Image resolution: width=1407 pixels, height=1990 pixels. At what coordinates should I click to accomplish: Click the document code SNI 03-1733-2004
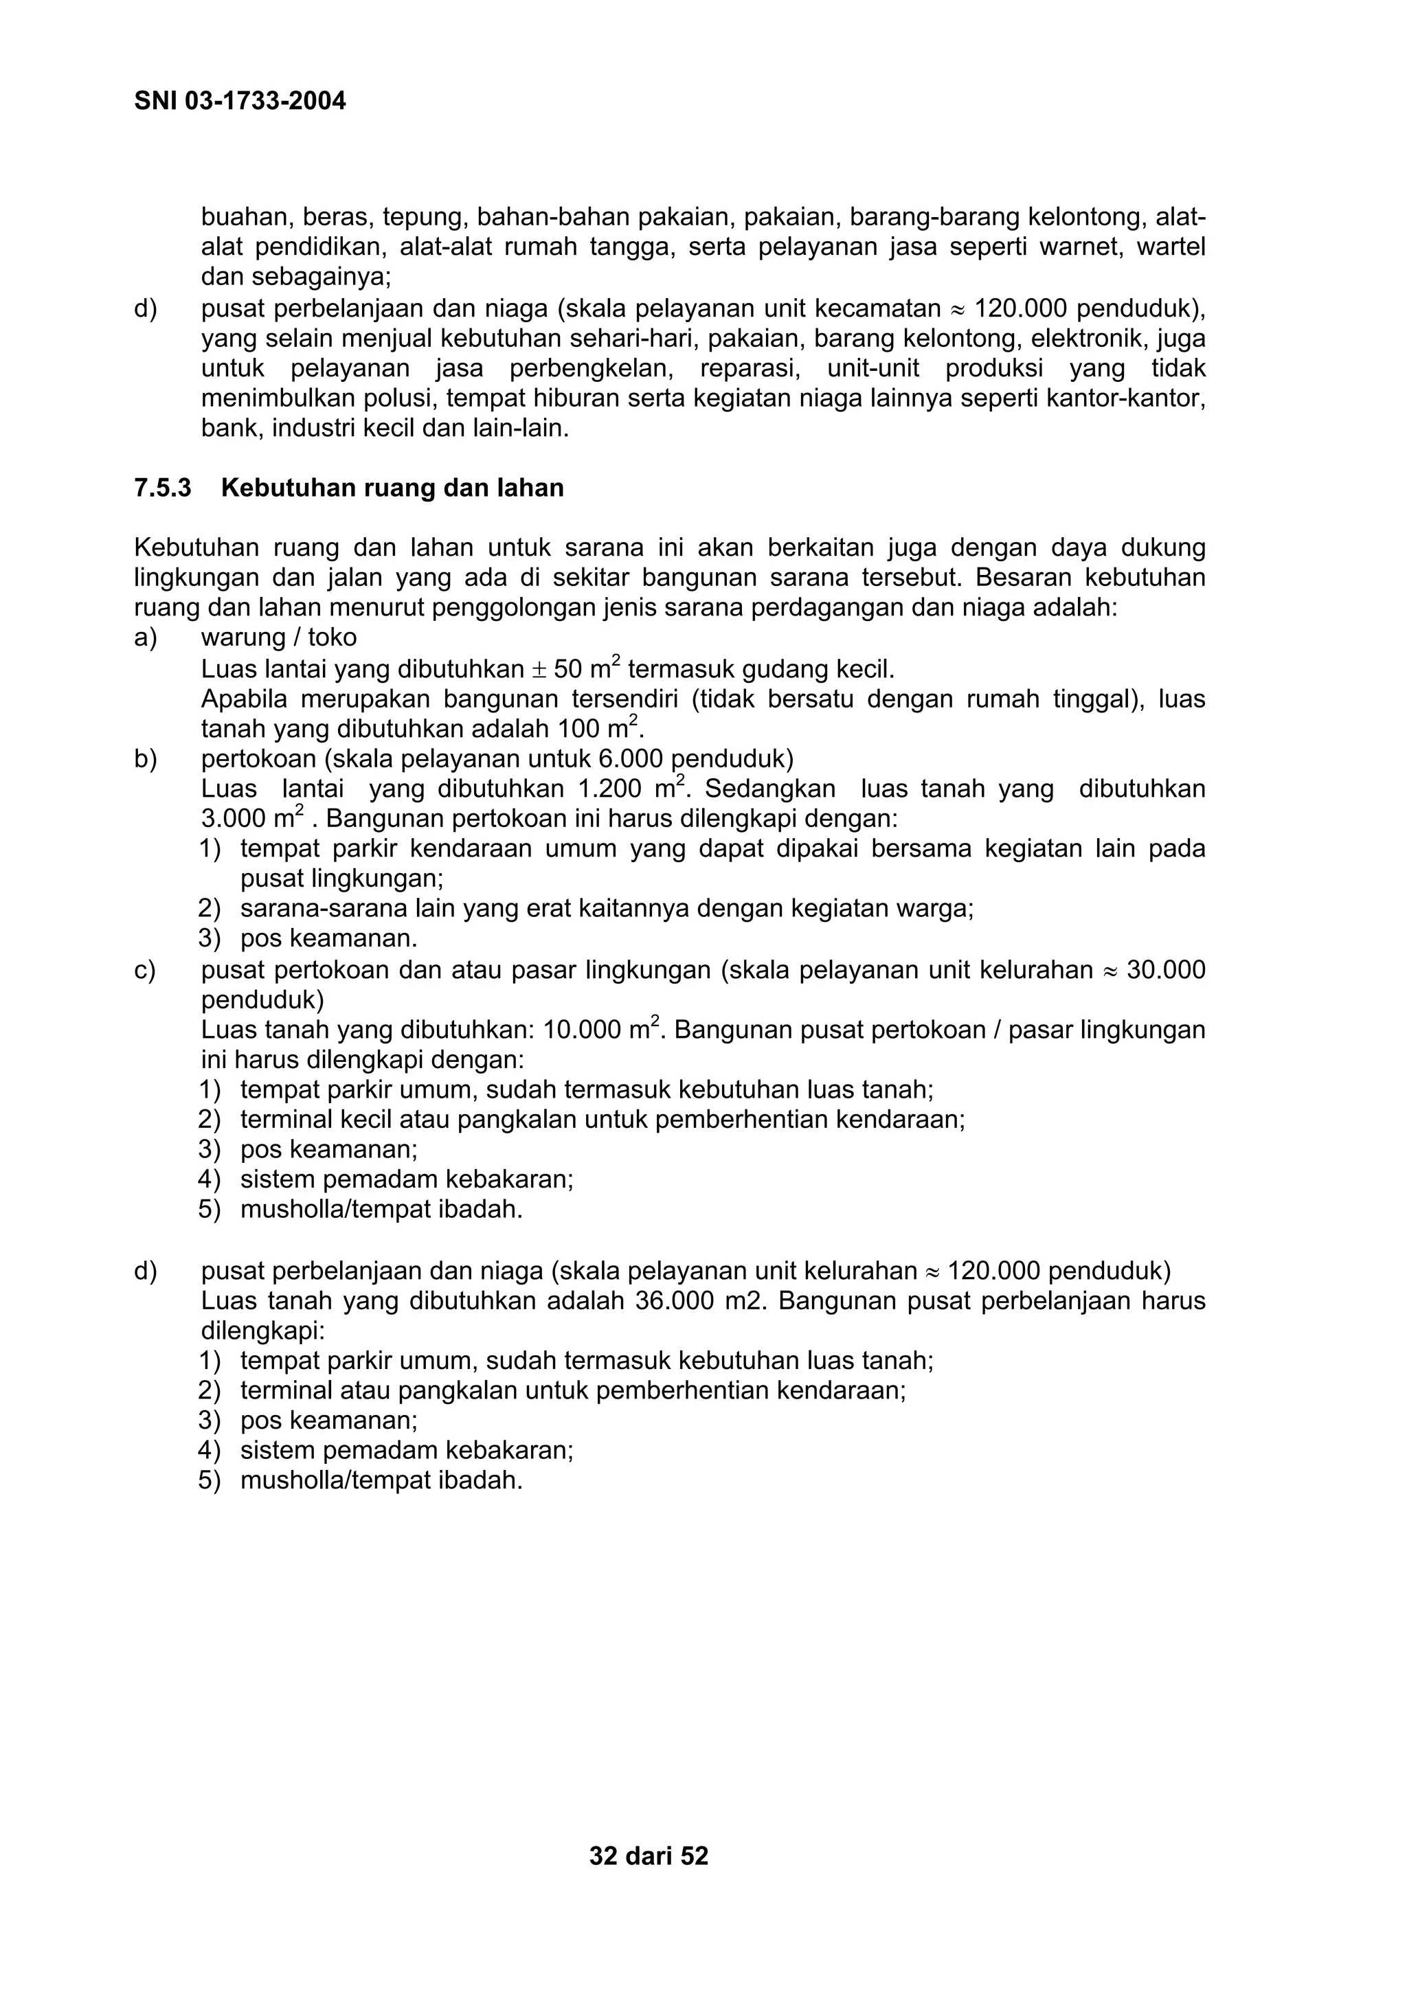240,102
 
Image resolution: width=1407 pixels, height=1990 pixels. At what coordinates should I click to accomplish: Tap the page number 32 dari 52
649,1855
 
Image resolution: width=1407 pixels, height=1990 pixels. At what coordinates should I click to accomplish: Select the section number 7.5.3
162,488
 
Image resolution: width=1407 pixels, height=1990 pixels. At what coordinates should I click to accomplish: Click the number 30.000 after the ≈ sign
1166,970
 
